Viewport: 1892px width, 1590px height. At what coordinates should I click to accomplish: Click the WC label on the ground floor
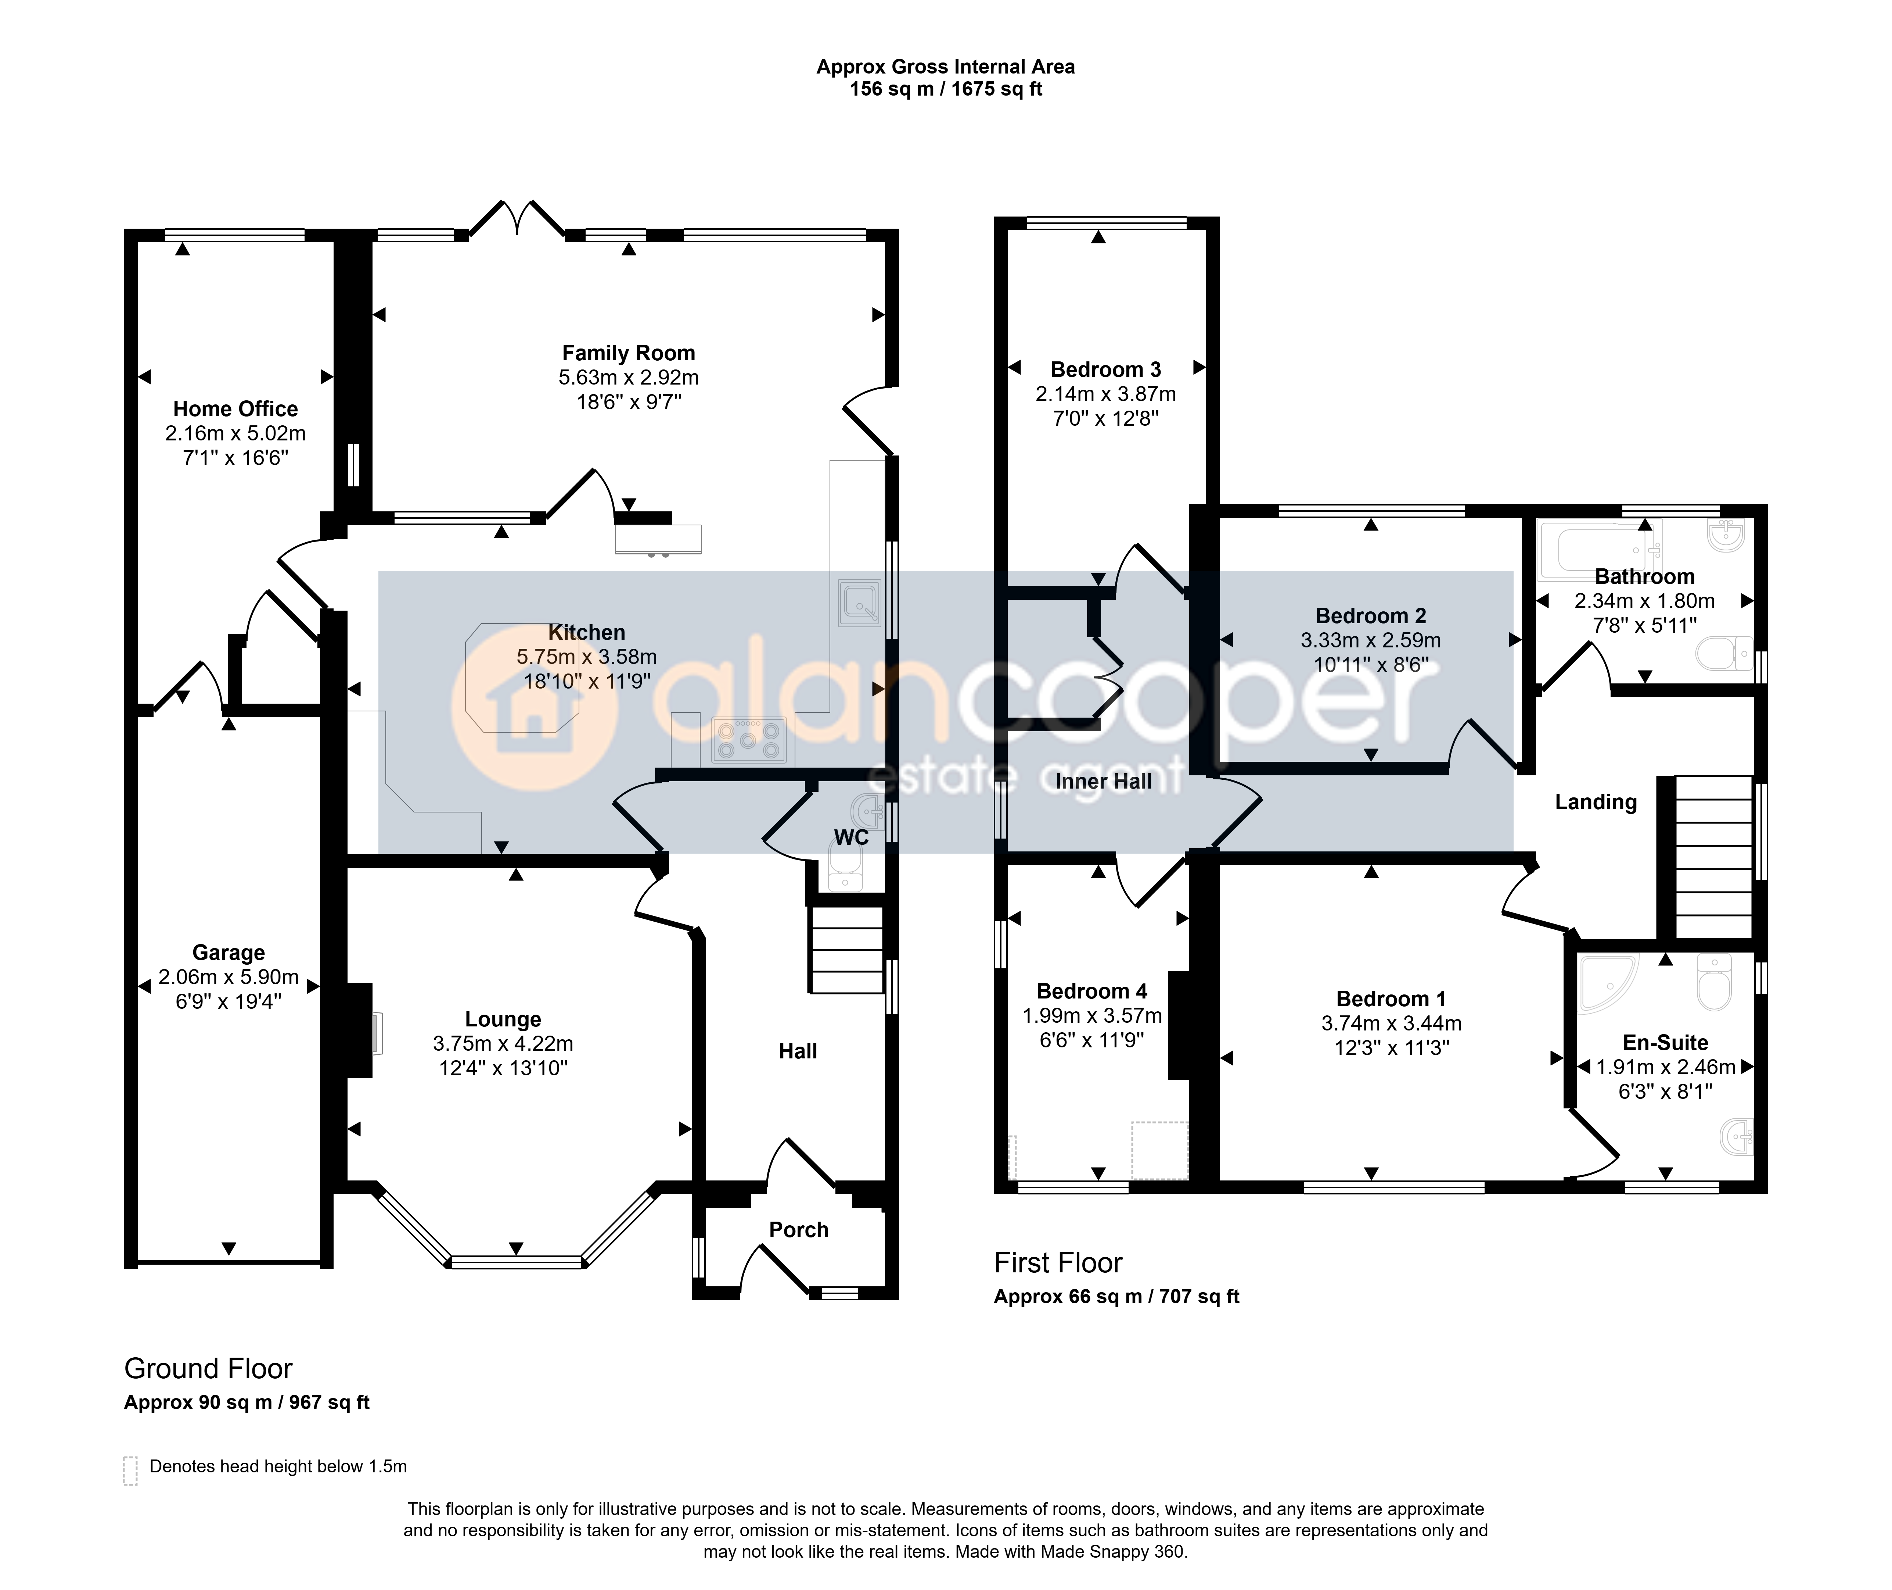tap(852, 837)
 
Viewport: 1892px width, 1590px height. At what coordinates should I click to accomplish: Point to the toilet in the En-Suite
tap(1713, 983)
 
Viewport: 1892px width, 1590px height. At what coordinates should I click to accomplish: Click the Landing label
tap(1596, 802)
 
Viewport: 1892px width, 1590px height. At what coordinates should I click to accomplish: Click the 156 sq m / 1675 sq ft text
tap(946, 89)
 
